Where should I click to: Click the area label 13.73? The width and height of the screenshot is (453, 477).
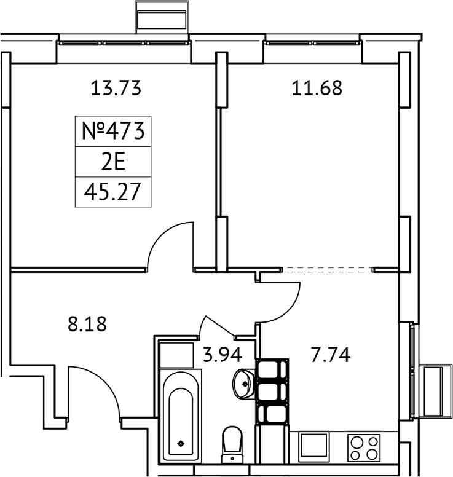click(116, 89)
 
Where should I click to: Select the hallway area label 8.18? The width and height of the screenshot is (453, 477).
click(87, 324)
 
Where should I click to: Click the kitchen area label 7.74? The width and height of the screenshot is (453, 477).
click(330, 355)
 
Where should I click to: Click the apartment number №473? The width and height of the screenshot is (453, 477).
click(112, 130)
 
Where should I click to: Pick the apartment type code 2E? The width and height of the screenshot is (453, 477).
click(112, 162)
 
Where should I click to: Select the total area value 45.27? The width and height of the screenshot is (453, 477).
click(112, 192)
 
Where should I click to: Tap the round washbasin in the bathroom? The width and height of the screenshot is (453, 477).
click(243, 384)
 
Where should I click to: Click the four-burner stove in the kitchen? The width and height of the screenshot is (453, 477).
click(364, 447)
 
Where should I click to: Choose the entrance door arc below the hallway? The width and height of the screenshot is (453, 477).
click(98, 387)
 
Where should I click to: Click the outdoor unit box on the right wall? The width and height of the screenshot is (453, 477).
click(435, 391)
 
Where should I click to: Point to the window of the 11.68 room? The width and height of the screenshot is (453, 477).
click(312, 44)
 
